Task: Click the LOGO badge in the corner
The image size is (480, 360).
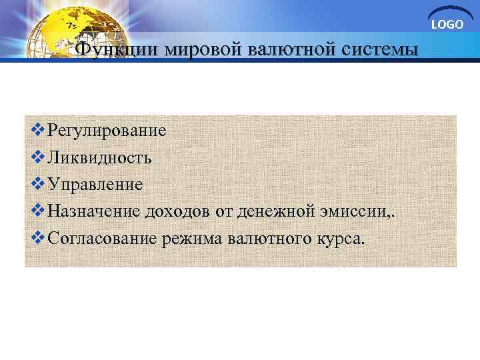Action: pos(447,24)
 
